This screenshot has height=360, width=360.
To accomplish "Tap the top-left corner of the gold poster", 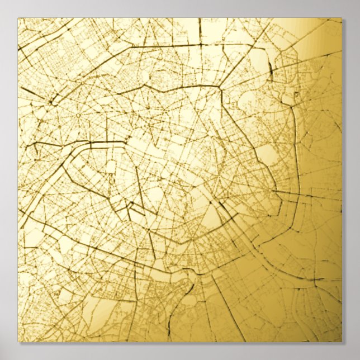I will tap(18, 18).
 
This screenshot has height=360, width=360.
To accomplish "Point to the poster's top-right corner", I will tap(342, 18).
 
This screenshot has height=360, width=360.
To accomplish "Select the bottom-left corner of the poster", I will tap(18, 342).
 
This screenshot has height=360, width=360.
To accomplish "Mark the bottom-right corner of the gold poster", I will tap(342, 342).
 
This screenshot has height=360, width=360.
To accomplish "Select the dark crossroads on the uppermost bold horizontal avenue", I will tap(200, 44).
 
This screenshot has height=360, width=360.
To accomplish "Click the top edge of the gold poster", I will tap(179, 18).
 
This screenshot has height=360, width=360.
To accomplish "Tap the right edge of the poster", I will tap(342, 179).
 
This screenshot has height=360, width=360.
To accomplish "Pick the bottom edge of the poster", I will tap(179, 342).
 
